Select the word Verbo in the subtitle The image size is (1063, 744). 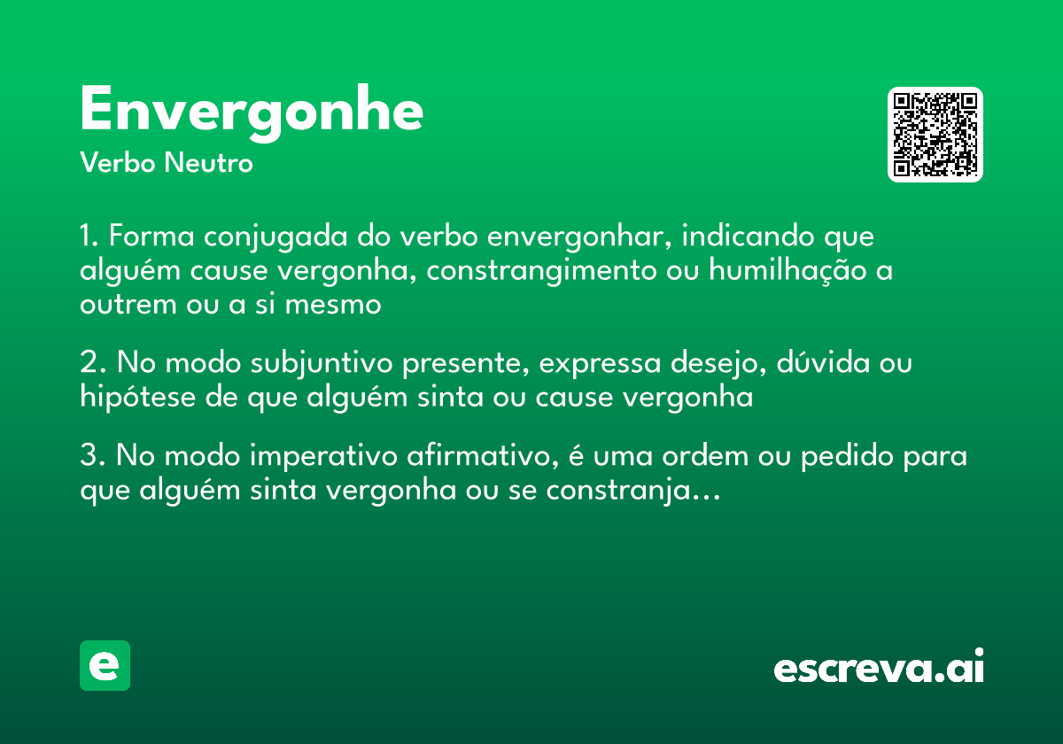(x=117, y=164)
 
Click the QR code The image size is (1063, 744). (x=935, y=135)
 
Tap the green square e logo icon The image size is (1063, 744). (x=105, y=665)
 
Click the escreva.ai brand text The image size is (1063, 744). (x=879, y=668)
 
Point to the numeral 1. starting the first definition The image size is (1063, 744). (x=89, y=237)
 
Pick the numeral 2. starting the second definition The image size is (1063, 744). (x=92, y=364)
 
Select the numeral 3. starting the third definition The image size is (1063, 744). (x=92, y=457)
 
